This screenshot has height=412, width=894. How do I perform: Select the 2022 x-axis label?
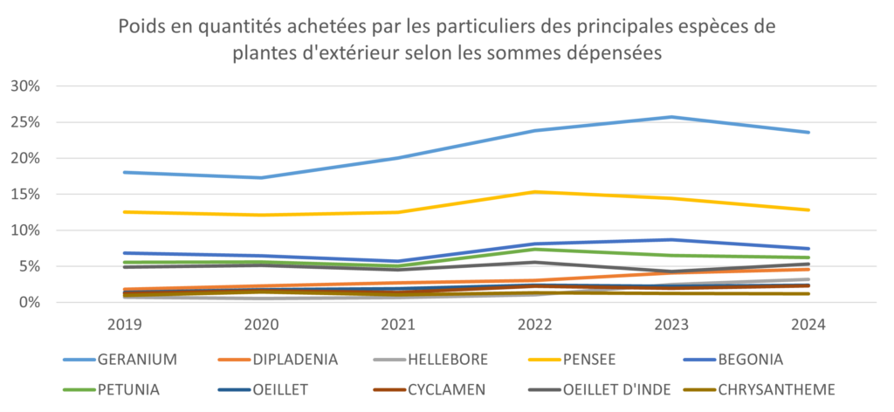click(x=534, y=326)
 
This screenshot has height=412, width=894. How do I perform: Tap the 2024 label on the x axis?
click(x=808, y=326)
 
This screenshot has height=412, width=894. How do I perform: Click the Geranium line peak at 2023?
click(x=671, y=117)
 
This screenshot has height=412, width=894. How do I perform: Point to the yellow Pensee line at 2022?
click(x=534, y=192)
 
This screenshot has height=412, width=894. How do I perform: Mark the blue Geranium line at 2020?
click(x=261, y=178)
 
